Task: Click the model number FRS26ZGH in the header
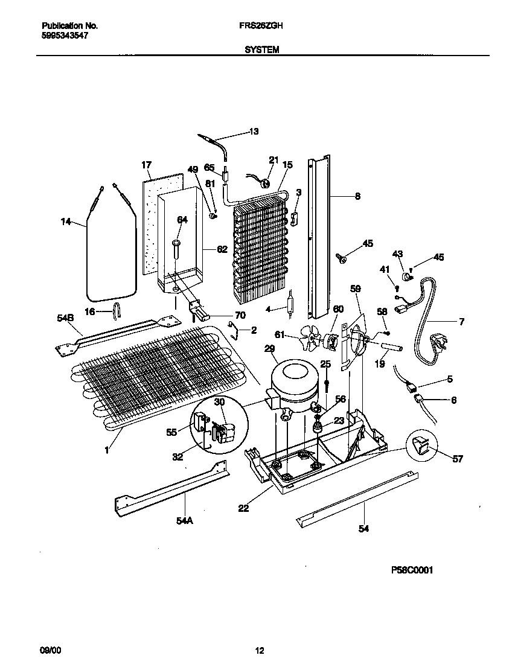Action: coord(264,27)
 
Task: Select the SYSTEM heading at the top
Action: coord(261,51)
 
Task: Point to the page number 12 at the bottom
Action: coord(259,650)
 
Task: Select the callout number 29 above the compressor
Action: coord(269,349)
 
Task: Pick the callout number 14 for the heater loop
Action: coord(66,222)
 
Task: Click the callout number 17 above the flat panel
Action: coord(146,164)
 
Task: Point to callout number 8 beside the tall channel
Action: coord(357,196)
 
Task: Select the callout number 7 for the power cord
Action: coord(461,322)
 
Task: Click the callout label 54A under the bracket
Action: coord(185,520)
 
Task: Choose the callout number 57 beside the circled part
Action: coord(457,459)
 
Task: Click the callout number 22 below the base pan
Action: coord(243,508)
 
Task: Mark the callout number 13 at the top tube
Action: coord(254,132)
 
